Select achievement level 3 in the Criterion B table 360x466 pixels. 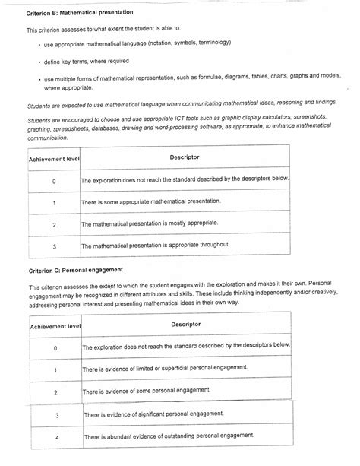[54, 246]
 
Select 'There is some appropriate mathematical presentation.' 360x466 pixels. [151, 202]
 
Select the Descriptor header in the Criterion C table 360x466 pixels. [185, 325]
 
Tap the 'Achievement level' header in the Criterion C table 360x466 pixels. [54, 327]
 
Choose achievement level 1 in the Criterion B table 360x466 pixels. [54, 203]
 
